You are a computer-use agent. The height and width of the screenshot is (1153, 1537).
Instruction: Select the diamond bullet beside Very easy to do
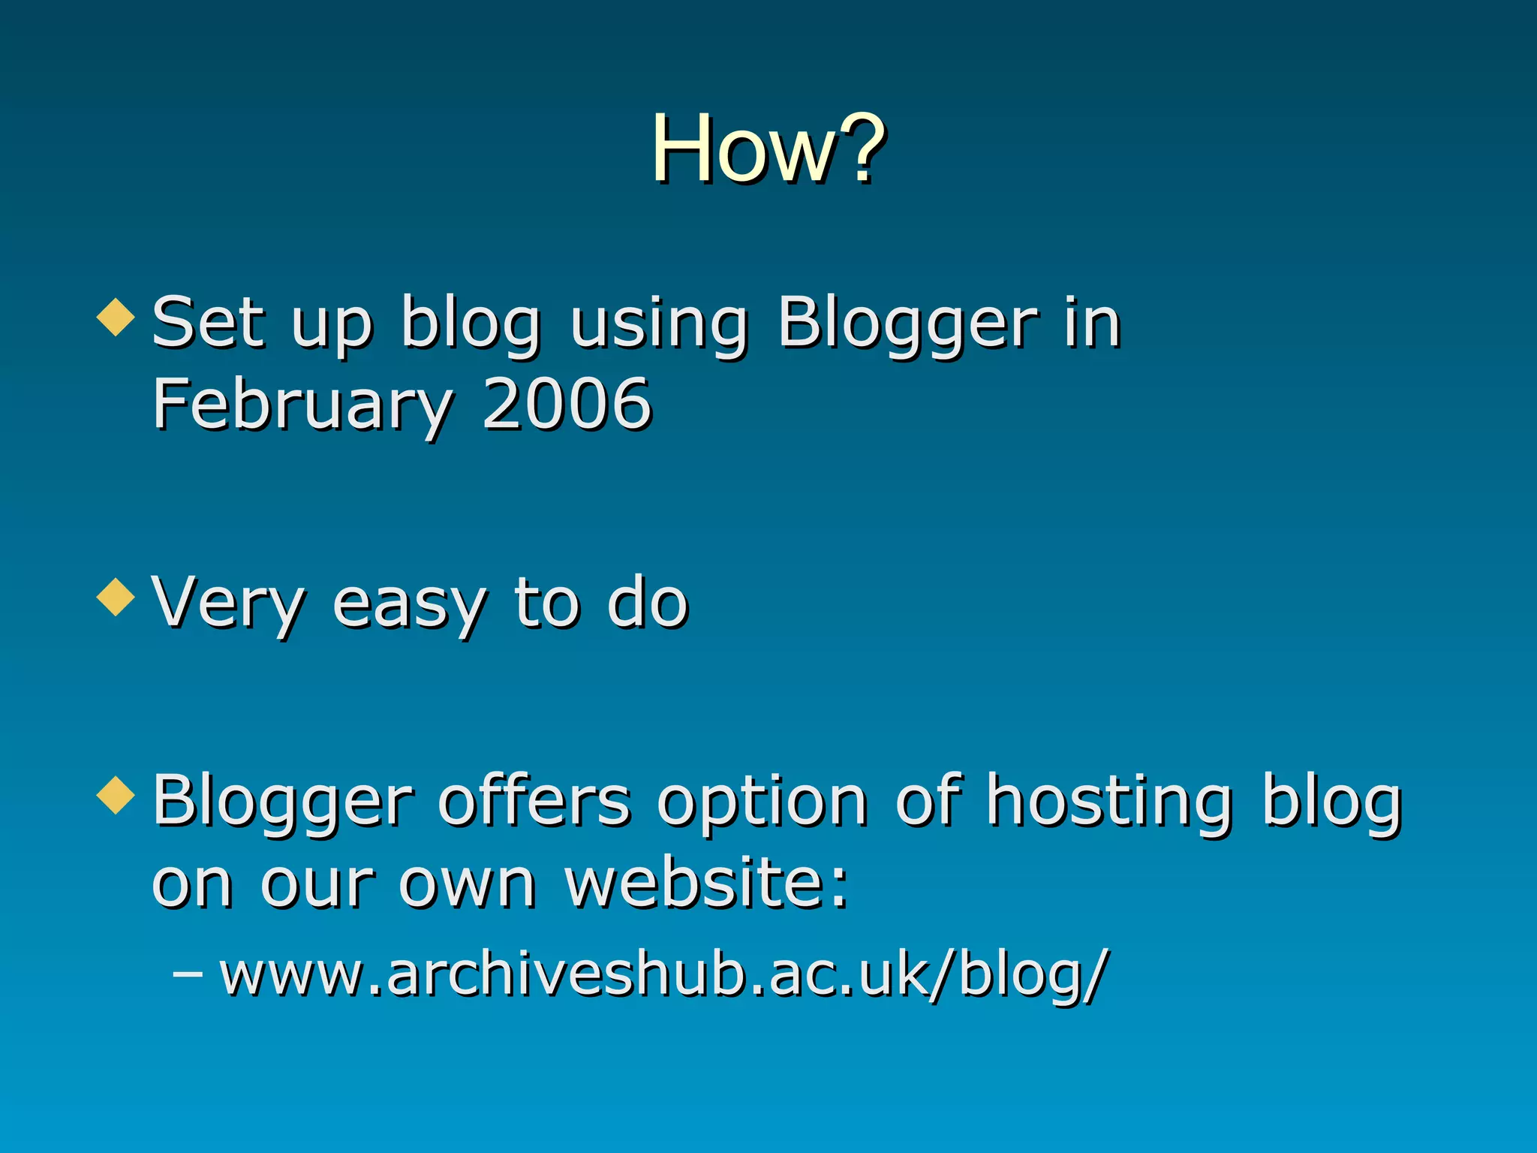[116, 597]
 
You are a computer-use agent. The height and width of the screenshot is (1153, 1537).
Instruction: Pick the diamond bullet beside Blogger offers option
[116, 795]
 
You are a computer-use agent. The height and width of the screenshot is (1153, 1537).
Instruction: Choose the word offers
[534, 801]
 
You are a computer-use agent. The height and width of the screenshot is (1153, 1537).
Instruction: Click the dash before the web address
[187, 974]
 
